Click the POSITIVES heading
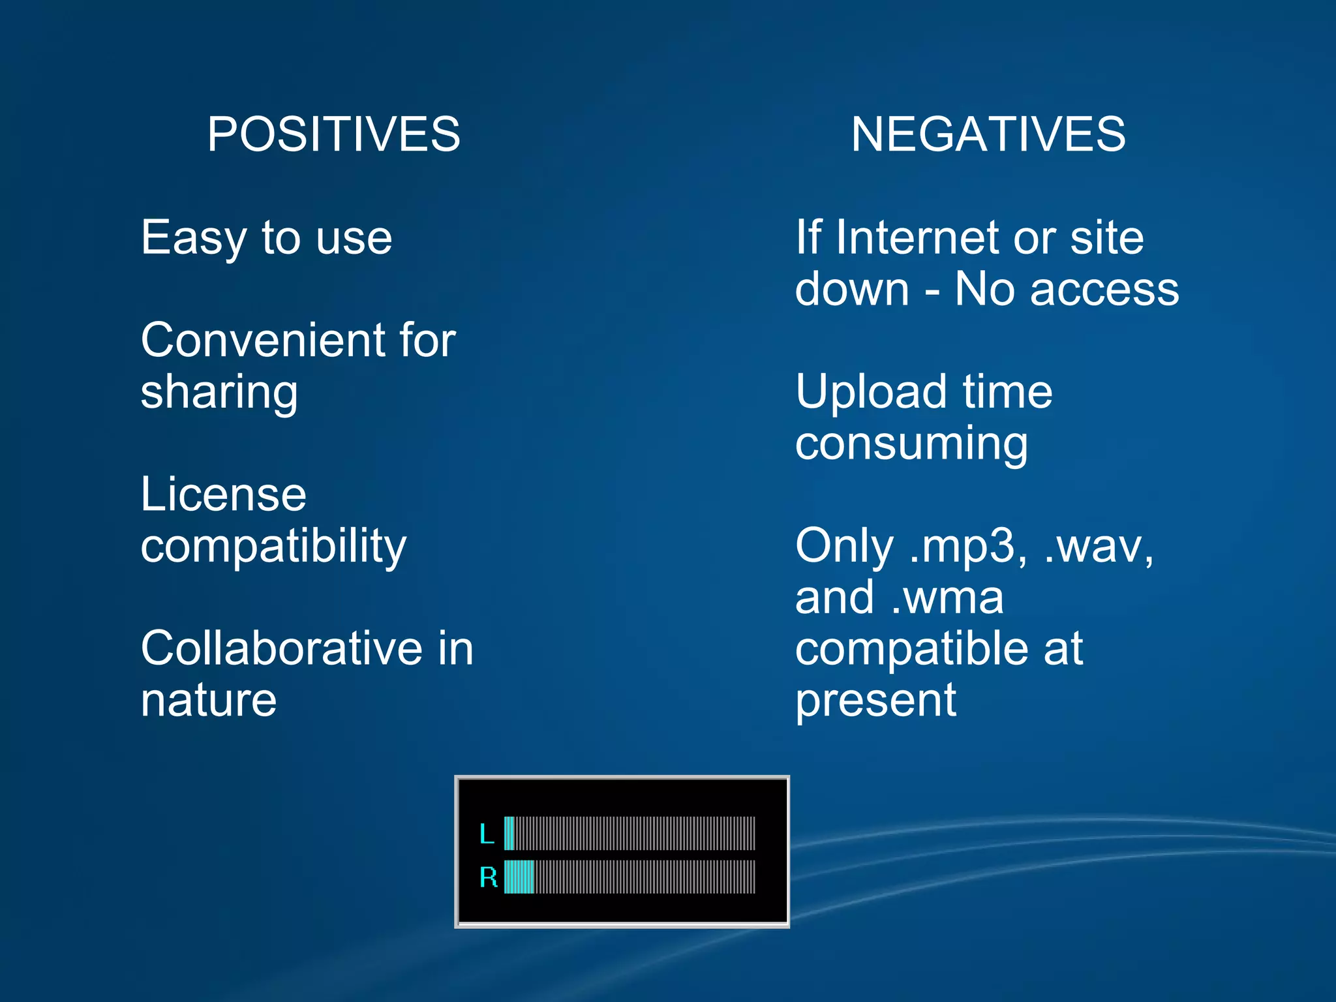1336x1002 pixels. point(333,134)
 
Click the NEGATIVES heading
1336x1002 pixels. point(988,134)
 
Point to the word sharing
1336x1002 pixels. point(219,393)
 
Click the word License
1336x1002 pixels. point(223,494)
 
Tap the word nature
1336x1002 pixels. point(209,701)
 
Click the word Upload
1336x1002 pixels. point(870,393)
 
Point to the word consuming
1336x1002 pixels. point(911,444)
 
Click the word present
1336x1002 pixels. point(875,701)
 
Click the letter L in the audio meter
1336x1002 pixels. point(487,834)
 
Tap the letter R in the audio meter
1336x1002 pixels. point(488,877)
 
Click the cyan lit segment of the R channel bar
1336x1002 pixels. point(519,877)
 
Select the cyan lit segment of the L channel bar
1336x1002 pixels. point(509,833)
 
